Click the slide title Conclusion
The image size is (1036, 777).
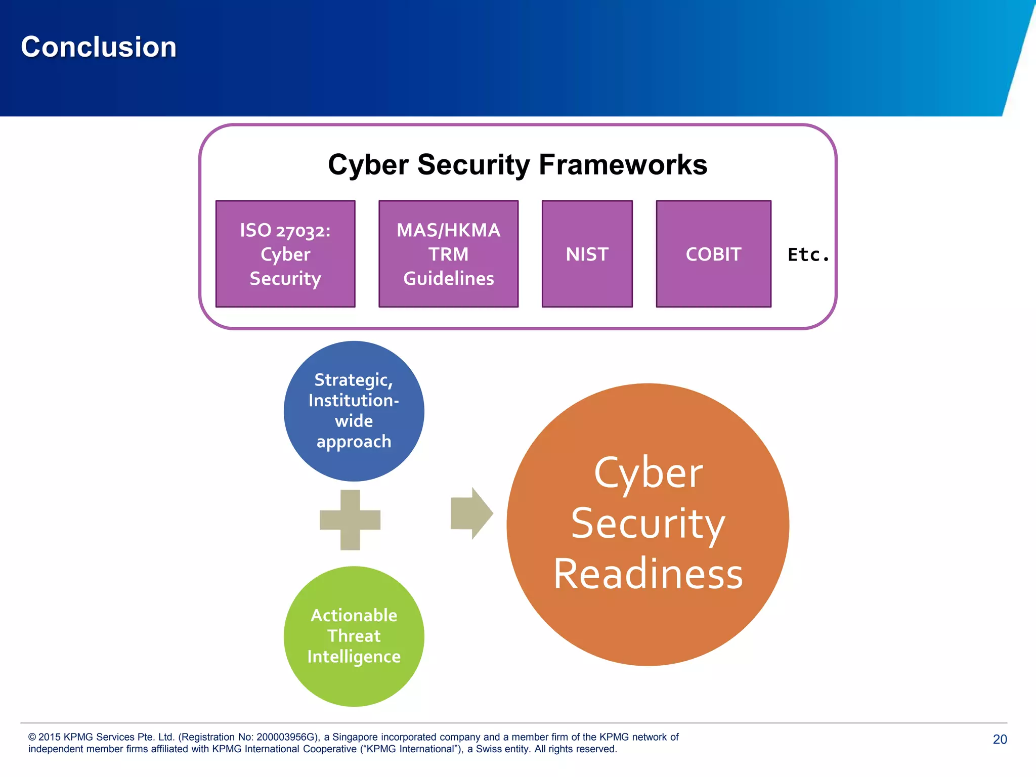click(99, 47)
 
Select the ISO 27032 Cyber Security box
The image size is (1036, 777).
click(285, 254)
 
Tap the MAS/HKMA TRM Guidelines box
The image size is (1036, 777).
click(448, 254)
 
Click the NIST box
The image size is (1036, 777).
click(587, 254)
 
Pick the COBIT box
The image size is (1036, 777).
click(713, 254)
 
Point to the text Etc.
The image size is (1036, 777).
click(808, 254)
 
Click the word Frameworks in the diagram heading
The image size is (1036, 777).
click(623, 165)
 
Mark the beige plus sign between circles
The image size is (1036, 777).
click(350, 520)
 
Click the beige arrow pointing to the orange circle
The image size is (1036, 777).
click(471, 513)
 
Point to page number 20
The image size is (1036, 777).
click(1000, 739)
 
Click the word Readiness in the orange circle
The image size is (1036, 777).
click(647, 574)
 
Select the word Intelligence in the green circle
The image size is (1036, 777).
click(354, 657)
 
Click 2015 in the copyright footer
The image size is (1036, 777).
click(50, 737)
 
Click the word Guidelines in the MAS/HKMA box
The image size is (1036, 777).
click(448, 279)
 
